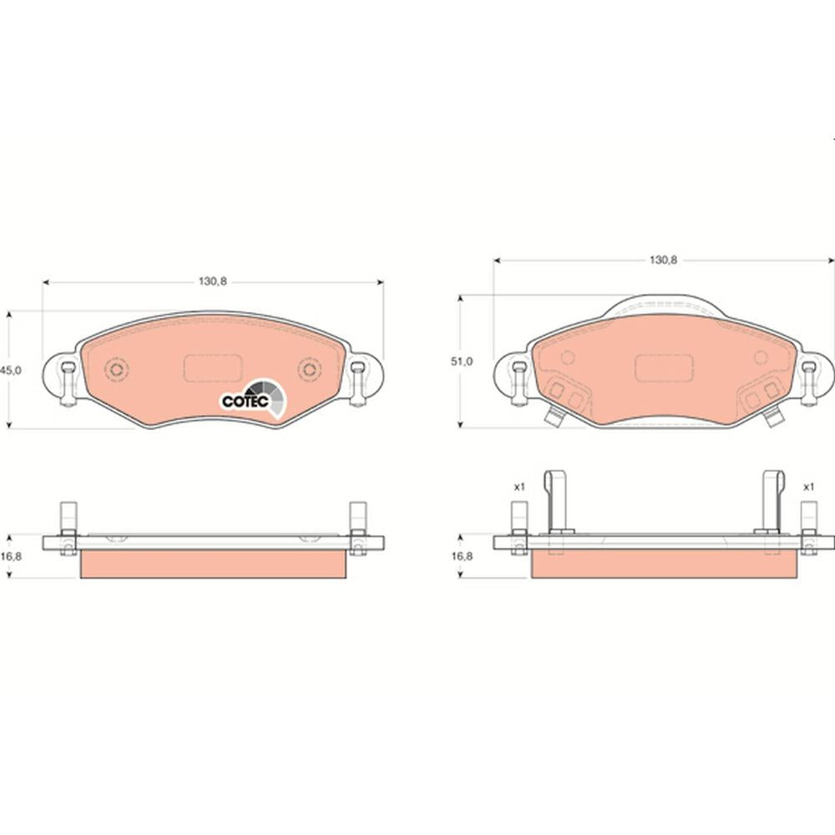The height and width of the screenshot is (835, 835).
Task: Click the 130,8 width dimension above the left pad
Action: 213,281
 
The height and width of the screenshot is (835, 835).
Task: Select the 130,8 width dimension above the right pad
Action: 664,260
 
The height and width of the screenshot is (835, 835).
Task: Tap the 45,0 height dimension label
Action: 11,370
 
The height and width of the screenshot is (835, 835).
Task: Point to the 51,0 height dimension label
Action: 462,361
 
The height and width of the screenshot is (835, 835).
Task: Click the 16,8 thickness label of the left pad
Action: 11,556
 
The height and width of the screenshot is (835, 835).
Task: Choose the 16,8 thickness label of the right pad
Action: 462,556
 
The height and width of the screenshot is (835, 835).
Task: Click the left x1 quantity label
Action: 519,487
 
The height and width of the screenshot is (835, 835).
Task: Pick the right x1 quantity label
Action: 809,487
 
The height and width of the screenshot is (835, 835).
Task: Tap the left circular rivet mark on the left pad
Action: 117,370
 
